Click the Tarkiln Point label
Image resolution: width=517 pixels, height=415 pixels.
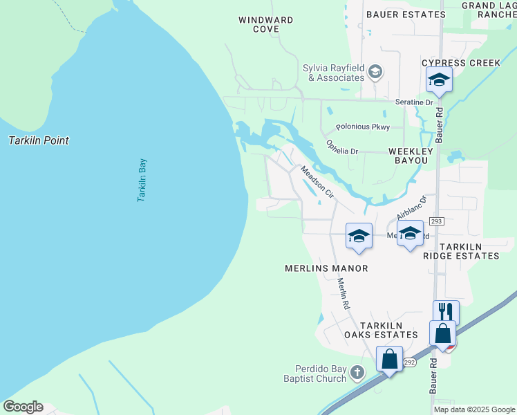point(39,140)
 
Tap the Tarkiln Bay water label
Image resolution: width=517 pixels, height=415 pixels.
point(142,181)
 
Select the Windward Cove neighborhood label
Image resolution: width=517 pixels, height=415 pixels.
point(266,25)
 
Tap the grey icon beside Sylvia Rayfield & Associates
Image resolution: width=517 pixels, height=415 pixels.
point(375,72)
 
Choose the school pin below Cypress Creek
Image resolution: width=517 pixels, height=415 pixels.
point(439,81)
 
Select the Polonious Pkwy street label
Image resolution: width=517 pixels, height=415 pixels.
point(363,127)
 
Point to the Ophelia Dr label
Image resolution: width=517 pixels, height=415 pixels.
point(342,147)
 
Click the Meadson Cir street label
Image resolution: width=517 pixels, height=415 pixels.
point(317,183)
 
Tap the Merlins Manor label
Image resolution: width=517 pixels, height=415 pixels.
point(326,268)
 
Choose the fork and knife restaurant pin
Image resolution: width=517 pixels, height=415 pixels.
point(446,313)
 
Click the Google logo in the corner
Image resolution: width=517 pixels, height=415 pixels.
point(23,407)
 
